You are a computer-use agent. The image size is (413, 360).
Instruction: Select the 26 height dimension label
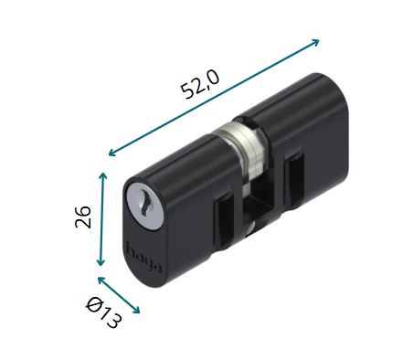83,217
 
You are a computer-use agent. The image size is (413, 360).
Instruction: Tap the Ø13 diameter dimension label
104,313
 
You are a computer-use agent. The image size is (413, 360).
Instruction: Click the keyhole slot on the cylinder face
144,201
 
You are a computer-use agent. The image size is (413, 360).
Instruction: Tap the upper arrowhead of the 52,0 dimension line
314,42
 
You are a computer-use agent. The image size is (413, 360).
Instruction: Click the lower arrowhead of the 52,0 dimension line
113,153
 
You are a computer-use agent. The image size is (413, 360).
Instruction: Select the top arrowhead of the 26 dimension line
103,176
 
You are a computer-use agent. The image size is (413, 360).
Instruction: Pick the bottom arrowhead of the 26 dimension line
101,262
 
